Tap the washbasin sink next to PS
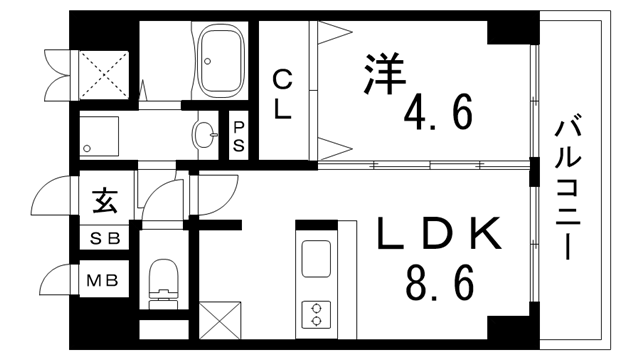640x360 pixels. [206, 134]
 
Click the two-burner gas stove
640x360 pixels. [315, 313]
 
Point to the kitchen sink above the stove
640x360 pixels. [316, 258]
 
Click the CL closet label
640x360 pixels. [283, 96]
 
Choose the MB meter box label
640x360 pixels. [106, 279]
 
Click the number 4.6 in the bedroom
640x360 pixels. [438, 113]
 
